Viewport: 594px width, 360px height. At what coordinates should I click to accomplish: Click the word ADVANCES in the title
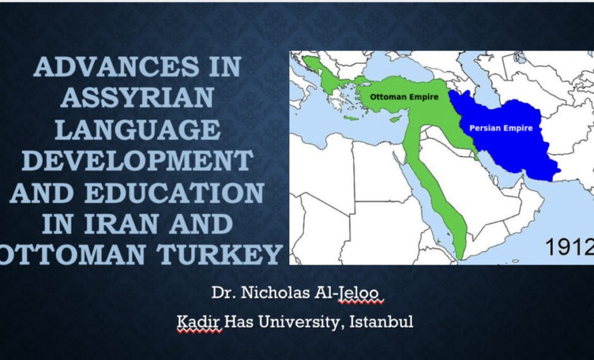(116, 66)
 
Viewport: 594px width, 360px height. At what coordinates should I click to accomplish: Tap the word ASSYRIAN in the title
(136, 98)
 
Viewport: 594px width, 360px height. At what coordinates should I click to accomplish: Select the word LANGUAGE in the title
(138, 129)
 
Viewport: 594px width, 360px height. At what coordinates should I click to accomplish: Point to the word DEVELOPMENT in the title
(138, 160)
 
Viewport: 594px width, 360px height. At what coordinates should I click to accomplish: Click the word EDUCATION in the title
(174, 192)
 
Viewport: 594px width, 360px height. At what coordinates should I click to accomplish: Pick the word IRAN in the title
(121, 224)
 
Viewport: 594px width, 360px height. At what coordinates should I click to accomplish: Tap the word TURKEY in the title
(220, 255)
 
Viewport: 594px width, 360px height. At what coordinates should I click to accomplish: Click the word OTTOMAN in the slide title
(73, 255)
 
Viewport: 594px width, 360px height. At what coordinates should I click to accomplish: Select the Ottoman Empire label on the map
(404, 97)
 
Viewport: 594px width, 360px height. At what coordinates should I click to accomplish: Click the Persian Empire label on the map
(501, 128)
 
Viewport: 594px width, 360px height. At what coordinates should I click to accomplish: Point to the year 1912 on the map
(569, 247)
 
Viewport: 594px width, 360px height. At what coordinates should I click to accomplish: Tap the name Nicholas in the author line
(276, 292)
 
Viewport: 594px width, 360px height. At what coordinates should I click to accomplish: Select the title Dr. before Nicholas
(224, 293)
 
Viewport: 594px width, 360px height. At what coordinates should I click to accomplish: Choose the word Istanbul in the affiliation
(381, 321)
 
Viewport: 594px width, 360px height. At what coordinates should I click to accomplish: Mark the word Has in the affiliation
(239, 321)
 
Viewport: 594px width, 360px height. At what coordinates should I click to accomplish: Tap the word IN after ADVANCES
(224, 66)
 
